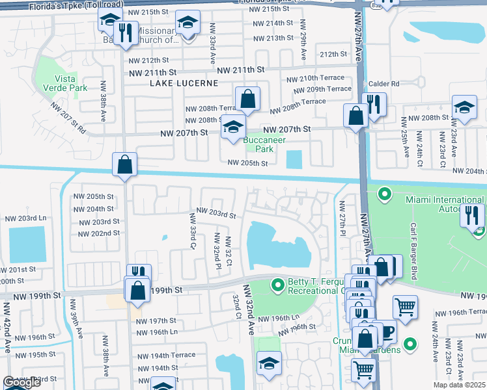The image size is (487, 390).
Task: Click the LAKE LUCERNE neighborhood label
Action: pos(177,83)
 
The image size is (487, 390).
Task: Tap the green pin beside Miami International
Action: pos(384,193)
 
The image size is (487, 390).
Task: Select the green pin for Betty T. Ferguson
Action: pos(278,284)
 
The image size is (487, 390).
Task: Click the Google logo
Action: pos(22,383)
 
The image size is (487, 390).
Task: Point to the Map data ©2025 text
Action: pos(459,385)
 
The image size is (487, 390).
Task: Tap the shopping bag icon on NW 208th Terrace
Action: pos(248,100)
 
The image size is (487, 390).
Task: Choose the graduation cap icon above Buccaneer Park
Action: pos(232,127)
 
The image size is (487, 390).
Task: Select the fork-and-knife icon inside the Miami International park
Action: pos(472,215)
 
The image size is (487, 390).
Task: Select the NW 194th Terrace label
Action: pos(165,355)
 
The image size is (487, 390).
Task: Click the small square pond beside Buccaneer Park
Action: pos(294,159)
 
